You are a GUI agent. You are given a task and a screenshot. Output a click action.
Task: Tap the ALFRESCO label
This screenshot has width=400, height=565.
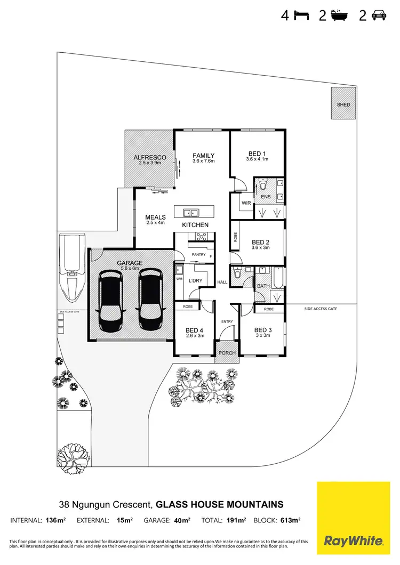click(150, 158)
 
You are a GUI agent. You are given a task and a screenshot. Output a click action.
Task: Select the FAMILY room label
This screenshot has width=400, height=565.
click(203, 155)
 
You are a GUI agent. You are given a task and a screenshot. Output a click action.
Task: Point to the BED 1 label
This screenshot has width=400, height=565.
click(257, 154)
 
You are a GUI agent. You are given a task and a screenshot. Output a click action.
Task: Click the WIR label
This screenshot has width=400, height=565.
click(246, 203)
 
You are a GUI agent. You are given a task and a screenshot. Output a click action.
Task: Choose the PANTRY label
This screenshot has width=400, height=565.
click(198, 255)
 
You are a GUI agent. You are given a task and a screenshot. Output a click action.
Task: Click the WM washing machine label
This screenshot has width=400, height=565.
click(179, 279)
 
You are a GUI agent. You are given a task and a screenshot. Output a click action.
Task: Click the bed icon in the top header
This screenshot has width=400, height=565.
click(302, 15)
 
